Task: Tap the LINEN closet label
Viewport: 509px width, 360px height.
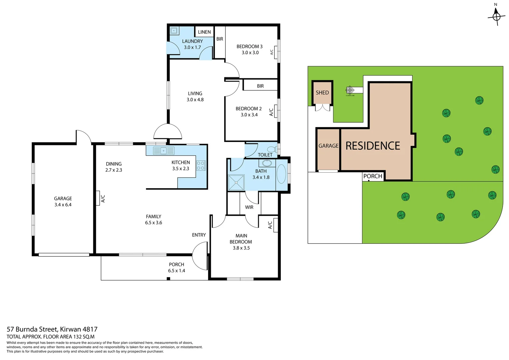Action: pos(204,32)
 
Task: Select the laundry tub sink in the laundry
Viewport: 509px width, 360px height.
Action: pos(174,31)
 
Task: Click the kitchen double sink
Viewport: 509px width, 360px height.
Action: pos(164,151)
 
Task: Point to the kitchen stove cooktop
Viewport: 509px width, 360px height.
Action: pos(201,166)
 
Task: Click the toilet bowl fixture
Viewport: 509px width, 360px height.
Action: pos(272,149)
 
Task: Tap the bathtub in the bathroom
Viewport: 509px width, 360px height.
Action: pos(281,174)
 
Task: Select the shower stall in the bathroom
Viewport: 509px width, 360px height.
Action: pos(236,183)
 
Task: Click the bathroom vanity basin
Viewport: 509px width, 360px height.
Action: pos(267,163)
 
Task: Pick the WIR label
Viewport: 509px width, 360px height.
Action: pos(249,207)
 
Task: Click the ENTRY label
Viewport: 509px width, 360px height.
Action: pos(199,235)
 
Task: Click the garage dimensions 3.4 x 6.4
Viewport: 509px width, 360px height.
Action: pos(63,205)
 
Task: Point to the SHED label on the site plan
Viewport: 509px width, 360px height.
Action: pos(322,93)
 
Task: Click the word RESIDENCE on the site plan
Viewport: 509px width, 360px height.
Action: pos(373,146)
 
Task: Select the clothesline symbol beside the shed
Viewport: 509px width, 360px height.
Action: pos(350,90)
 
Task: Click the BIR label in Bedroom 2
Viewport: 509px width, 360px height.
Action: pos(260,86)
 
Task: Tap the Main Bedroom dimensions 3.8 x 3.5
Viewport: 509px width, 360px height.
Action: pos(241,248)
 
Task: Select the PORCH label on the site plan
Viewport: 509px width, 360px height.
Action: pos(373,176)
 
